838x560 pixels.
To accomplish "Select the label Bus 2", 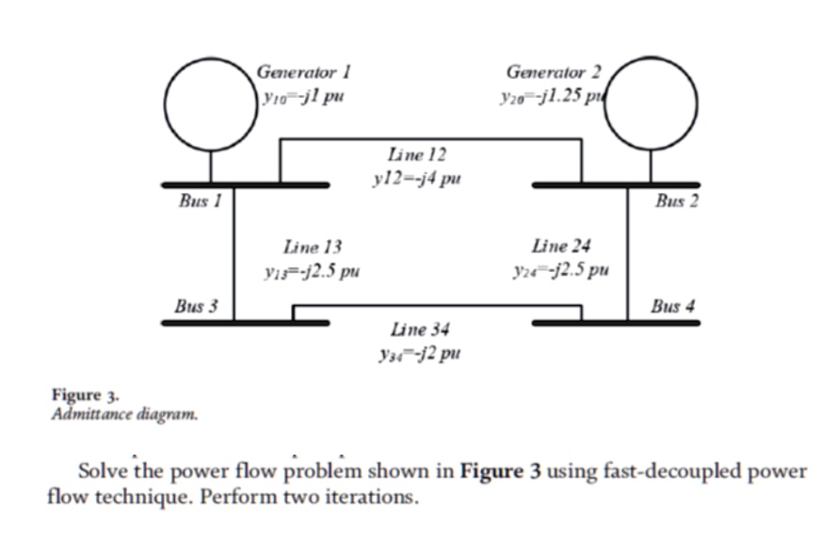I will pos(677,200).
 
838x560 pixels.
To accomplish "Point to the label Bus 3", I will pos(196,306).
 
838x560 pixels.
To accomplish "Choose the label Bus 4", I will pos(673,306).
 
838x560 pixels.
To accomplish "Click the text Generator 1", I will pos(303,72).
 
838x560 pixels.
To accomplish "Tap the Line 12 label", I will pos(416,152).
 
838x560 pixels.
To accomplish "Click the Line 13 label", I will pos(312,248).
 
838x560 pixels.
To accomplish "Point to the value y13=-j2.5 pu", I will pos(311,273).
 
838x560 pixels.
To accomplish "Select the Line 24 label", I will pos(561,247).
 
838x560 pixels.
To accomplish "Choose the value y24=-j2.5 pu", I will pos(559,272).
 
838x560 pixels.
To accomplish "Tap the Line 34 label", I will pos(419,329).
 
